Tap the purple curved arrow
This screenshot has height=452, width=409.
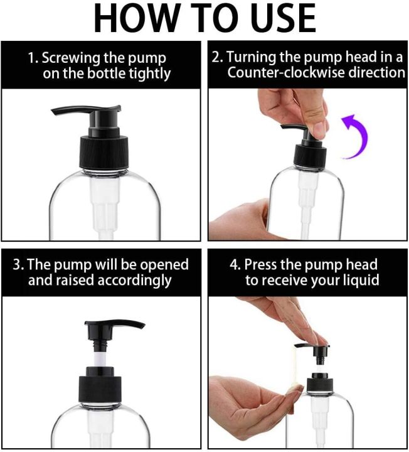pyautogui.click(x=356, y=136)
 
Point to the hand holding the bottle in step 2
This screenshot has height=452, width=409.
pyautogui.click(x=242, y=220)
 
